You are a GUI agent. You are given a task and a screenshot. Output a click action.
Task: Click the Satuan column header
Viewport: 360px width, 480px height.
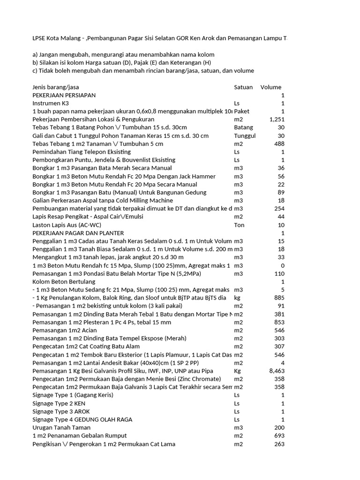point(243,87)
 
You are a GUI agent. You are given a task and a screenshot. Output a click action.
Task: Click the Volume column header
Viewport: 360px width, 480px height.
point(271,87)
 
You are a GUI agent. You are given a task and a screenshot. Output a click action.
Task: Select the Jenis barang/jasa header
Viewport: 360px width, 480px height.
point(56,87)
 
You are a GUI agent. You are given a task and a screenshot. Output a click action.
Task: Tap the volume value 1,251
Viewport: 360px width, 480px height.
point(277,120)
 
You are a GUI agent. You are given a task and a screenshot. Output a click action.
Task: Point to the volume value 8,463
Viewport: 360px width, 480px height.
point(277,371)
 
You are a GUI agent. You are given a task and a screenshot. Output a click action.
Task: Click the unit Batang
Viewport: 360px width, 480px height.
point(244,127)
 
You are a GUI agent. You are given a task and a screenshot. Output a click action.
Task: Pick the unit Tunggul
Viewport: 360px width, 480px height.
point(245,136)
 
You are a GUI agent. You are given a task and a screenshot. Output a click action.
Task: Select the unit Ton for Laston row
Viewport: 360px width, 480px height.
point(239,225)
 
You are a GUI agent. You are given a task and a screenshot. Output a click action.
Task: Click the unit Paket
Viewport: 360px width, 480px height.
point(242,112)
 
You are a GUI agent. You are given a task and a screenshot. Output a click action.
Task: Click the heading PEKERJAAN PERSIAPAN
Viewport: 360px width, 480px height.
point(64,95)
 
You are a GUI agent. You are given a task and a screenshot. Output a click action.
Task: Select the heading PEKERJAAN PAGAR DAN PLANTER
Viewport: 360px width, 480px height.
point(78,233)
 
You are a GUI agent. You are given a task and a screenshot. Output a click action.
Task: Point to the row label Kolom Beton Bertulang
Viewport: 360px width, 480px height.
point(64,282)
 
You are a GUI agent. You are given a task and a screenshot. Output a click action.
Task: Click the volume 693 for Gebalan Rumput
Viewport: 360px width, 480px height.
point(280,436)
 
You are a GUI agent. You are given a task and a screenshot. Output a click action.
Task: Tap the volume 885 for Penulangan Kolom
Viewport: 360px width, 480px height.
point(280,298)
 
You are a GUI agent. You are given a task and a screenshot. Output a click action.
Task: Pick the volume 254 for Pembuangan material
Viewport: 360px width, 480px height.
point(280,209)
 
